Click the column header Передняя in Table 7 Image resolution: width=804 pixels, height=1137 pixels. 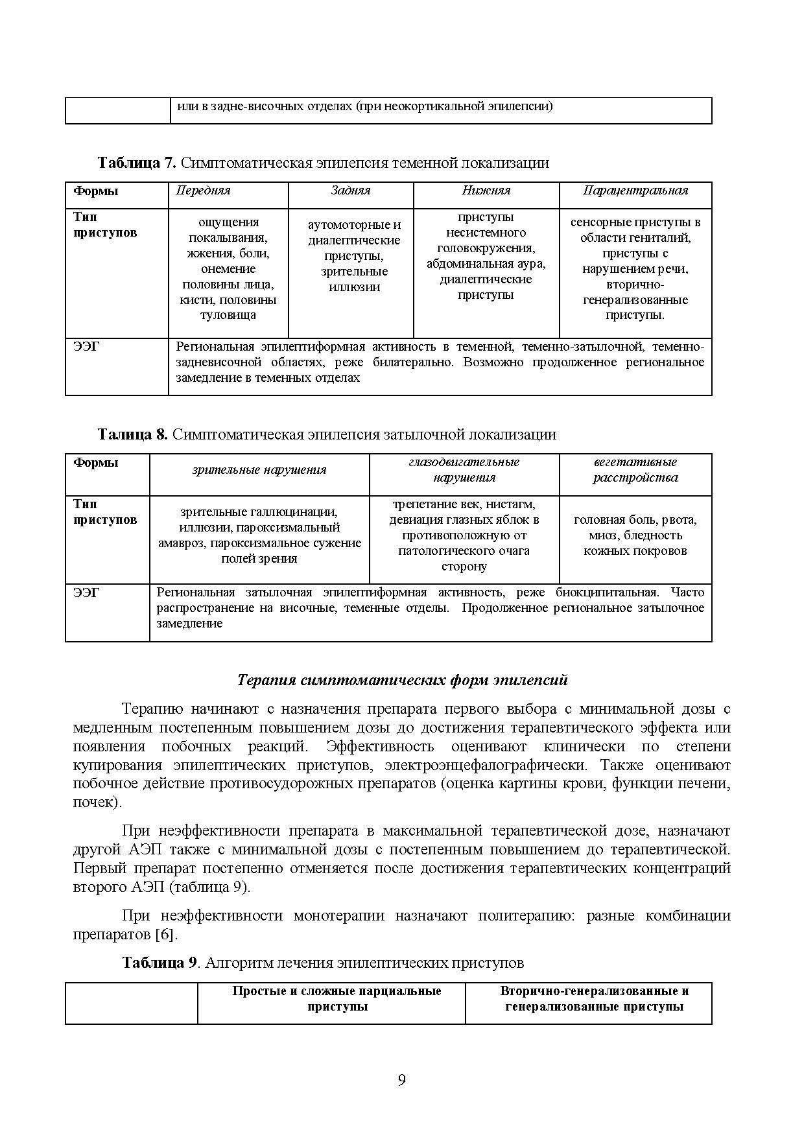203,191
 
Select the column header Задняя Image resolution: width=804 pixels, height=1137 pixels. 350,191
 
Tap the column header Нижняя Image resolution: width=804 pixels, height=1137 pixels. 486,191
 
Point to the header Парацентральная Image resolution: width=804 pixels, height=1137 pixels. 635,191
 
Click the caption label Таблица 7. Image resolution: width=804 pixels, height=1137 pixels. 136,163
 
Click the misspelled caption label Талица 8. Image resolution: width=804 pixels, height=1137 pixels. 132,434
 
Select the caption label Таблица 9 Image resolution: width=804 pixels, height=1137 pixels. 160,963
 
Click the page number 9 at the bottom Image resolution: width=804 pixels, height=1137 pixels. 401,1080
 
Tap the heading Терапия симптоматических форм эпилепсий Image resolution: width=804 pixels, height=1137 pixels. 401,680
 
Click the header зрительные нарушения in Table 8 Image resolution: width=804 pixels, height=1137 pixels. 259,470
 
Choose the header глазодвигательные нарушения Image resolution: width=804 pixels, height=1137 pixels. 464,470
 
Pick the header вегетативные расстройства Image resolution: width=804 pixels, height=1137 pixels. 635,470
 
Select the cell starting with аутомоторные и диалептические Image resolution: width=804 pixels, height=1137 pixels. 354,256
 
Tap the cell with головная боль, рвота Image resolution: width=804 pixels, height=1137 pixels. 635,535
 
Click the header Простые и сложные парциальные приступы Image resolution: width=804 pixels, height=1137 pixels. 337,999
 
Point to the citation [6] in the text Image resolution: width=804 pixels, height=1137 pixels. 165,935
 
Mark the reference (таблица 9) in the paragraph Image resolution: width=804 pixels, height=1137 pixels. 209,887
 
